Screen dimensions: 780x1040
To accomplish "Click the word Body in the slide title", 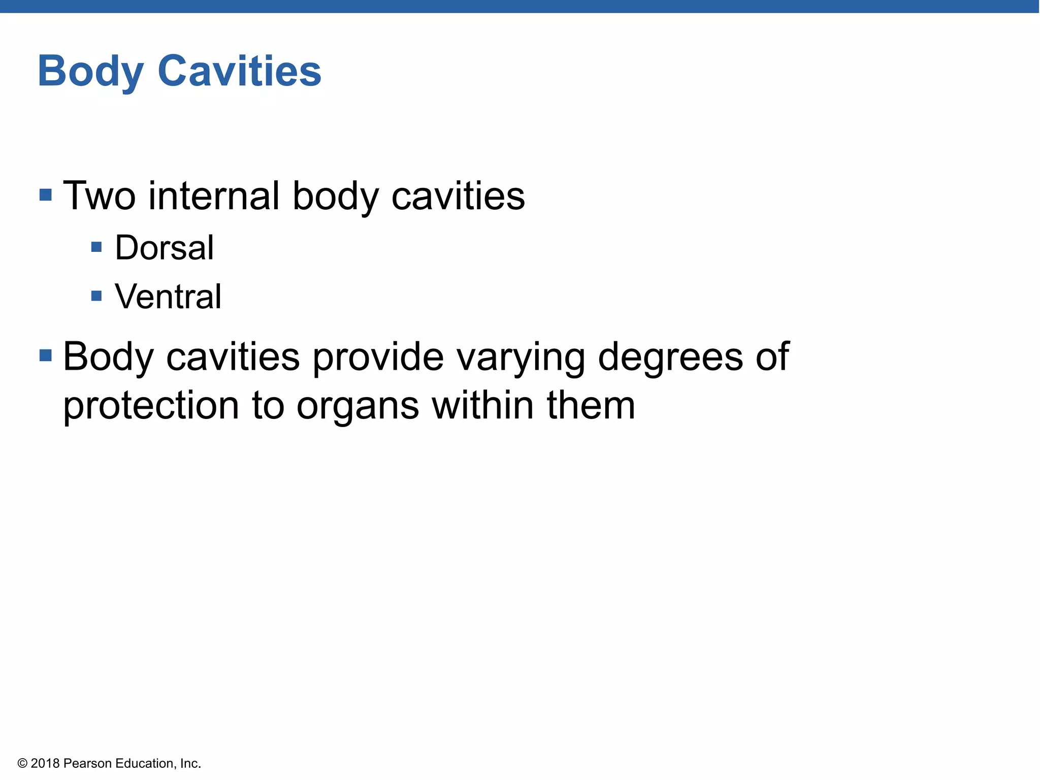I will coord(90,72).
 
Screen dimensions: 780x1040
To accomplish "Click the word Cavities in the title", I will coord(239,71).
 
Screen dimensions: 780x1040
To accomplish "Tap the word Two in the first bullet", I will coord(99,196).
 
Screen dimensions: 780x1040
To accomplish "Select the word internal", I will coord(214,196).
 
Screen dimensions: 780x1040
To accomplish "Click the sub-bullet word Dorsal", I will coord(165,248).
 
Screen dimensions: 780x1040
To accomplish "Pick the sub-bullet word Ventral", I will coord(168,297).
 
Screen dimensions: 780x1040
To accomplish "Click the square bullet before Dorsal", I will coord(96,247).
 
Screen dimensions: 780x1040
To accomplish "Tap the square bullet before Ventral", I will coord(96,296).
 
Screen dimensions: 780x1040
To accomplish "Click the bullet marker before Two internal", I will coord(46,194).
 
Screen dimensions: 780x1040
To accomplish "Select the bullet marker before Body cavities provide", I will coord(46,355).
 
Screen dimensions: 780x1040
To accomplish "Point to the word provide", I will coord(378,356).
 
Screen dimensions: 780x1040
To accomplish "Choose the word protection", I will coord(151,406).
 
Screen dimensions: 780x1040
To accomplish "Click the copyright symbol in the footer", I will coord(22,764).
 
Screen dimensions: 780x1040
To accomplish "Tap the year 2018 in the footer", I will coord(45,764).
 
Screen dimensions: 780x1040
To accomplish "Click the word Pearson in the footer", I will coord(87,764).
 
